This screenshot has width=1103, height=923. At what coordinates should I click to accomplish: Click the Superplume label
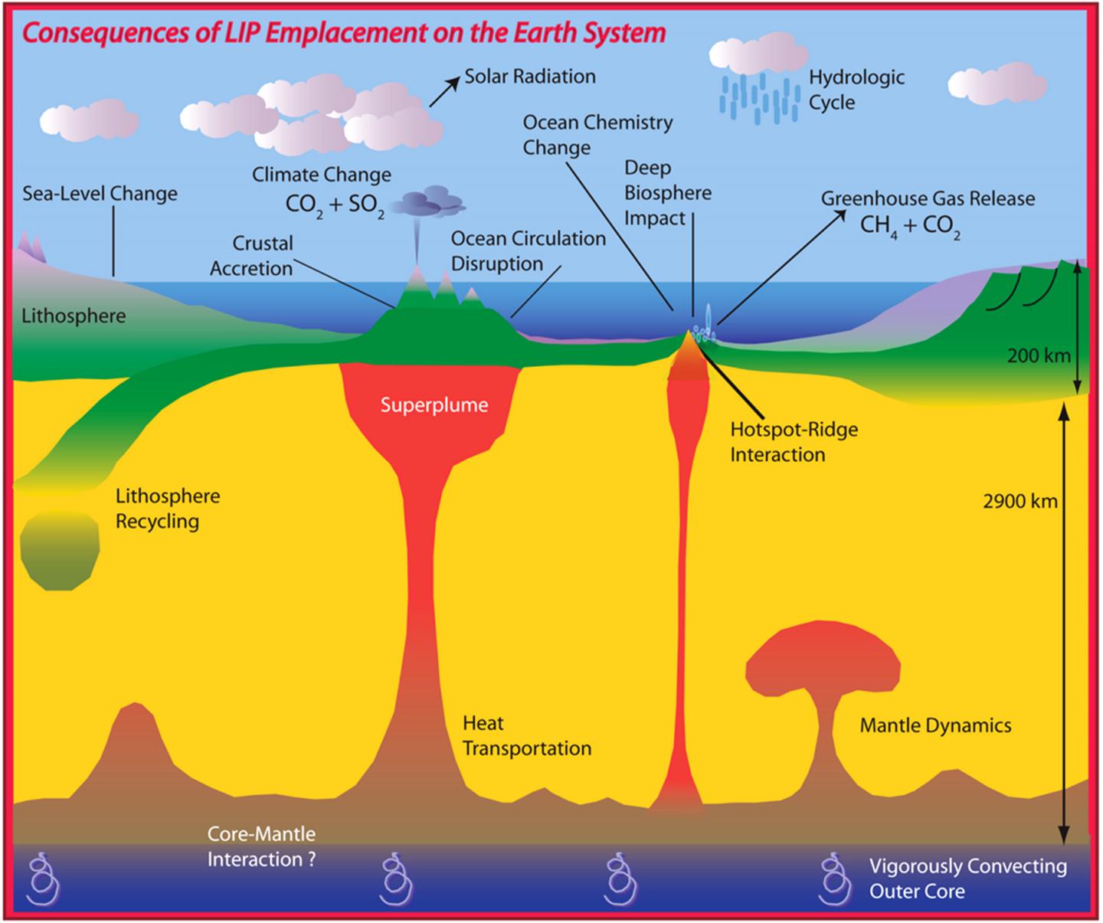(434, 404)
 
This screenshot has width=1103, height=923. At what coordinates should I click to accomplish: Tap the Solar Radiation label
(529, 77)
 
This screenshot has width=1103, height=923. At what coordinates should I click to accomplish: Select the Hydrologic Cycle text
(856, 90)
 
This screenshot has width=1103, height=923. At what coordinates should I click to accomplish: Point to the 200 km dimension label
(1038, 355)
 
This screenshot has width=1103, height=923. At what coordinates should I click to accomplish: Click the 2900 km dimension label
(1020, 501)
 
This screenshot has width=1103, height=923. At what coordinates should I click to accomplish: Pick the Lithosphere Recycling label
(167, 509)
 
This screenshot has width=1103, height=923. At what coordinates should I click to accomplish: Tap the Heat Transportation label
(526, 735)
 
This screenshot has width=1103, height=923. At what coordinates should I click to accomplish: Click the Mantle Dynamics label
(935, 725)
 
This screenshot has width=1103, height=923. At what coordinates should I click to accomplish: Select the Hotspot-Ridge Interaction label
(794, 441)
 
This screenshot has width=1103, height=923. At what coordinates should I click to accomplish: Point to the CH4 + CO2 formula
(909, 226)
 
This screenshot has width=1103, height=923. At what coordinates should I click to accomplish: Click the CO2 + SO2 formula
(335, 205)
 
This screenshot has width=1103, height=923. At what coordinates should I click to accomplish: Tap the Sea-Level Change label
(100, 193)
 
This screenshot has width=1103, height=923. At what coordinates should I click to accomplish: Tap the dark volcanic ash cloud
(427, 202)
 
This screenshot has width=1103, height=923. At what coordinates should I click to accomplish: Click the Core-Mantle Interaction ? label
(261, 846)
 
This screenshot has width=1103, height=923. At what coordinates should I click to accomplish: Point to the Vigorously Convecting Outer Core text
(967, 878)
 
